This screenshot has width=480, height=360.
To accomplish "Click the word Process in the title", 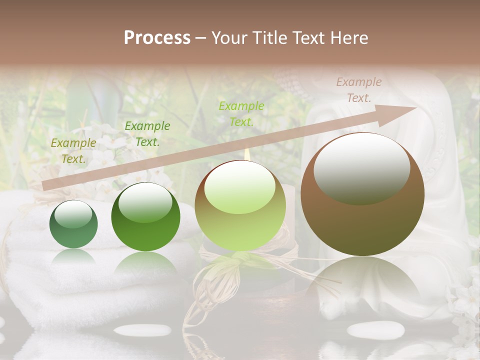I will (x=157, y=38).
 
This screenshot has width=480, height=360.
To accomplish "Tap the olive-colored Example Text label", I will (x=73, y=151).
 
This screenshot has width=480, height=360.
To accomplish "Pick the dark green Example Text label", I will (x=147, y=134).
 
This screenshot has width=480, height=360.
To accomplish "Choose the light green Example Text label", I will (x=241, y=114).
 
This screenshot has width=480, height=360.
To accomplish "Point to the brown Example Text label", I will (x=358, y=90).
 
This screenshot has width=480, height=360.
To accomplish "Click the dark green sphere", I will (x=145, y=217).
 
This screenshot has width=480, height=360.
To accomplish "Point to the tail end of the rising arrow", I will (x=45, y=186).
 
